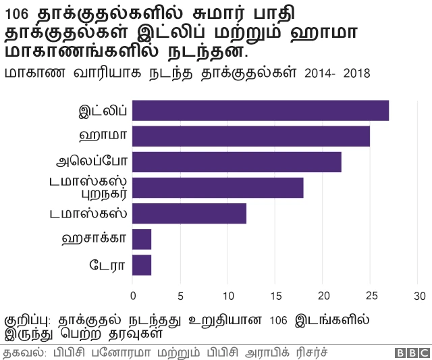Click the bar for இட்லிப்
coord(261,110)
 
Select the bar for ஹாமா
coord(251,136)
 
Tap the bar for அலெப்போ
coord(237,162)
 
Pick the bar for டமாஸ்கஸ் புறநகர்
coord(218,188)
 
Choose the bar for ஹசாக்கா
coord(142,239)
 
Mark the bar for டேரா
coord(142,265)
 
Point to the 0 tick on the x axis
coord(133,296)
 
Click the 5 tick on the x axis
coord(180,296)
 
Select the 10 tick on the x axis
coord(227,296)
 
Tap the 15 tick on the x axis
coord(275,296)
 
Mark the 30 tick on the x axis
coord(420,296)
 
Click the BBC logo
coord(412,353)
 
